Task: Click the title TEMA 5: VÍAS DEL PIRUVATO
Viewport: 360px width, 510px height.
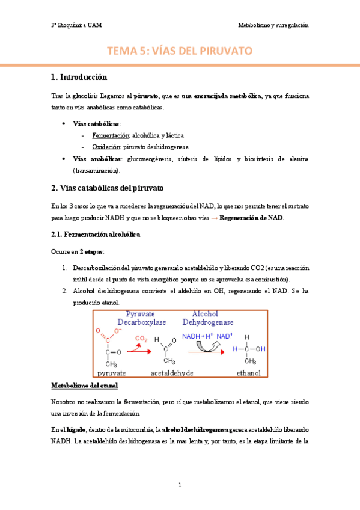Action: tap(180, 52)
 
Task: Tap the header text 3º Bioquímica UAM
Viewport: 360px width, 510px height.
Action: tap(76, 25)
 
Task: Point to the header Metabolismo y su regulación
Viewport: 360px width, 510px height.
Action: tap(273, 25)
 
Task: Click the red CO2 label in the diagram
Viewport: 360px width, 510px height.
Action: tap(141, 339)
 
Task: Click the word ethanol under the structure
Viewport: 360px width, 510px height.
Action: tap(248, 373)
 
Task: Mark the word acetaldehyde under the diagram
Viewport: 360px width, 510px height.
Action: tap(172, 373)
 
